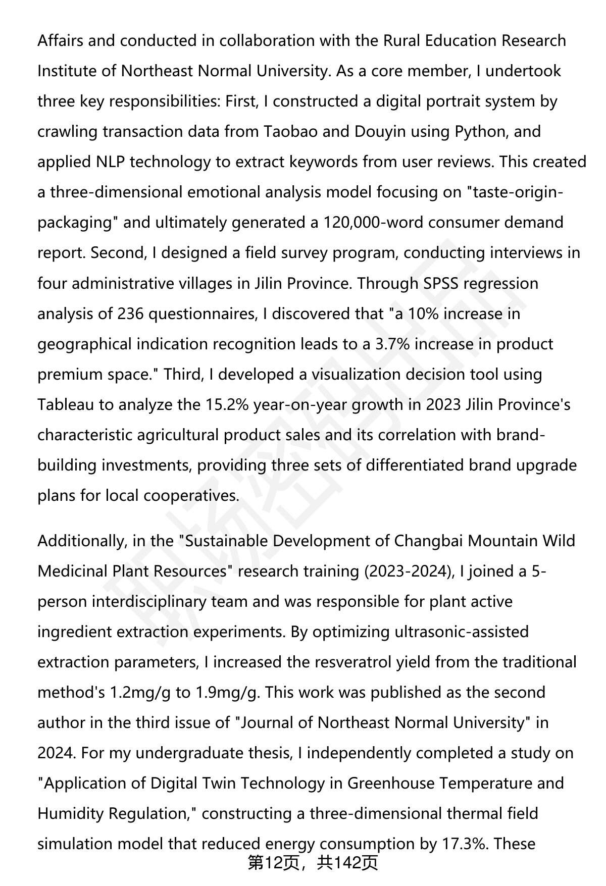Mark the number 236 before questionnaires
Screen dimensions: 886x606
coord(131,314)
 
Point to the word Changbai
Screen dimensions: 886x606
coord(428,541)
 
